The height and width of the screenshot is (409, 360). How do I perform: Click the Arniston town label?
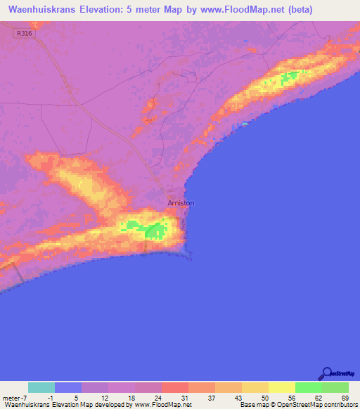click(x=181, y=203)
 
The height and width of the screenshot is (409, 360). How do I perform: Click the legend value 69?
click(x=345, y=398)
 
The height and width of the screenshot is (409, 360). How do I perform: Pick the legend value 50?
click(x=264, y=398)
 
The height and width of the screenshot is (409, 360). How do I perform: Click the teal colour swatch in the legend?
click(x=41, y=387)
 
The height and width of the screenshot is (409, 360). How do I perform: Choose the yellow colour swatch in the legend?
click(x=281, y=387)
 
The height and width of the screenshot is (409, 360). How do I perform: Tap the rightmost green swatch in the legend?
click(x=335, y=387)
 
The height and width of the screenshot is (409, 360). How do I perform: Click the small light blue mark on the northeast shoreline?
click(x=245, y=124)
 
